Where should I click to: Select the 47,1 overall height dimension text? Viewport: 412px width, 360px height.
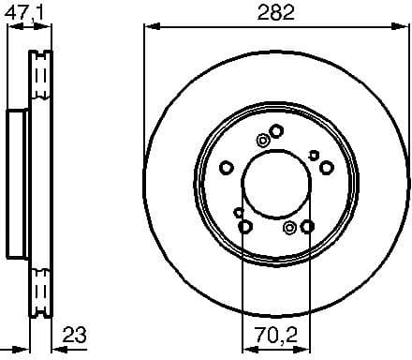(x=25, y=12)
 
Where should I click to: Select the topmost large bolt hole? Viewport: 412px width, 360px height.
(x=275, y=130)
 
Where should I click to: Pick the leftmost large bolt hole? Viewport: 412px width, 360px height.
(x=226, y=168)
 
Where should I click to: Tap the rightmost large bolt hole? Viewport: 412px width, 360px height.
(x=327, y=168)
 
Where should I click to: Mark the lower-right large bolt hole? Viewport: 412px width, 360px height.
(x=308, y=226)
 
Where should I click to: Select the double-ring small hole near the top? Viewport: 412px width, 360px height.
(x=262, y=141)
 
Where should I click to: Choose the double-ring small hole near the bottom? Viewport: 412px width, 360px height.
(x=289, y=227)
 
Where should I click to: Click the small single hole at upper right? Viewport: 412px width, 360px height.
(x=314, y=157)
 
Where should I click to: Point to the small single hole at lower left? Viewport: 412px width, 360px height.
(x=238, y=212)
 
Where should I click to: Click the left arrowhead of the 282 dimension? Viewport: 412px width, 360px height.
(x=148, y=27)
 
